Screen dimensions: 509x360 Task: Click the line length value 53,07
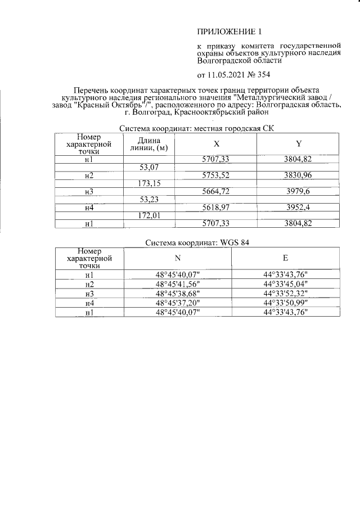149,168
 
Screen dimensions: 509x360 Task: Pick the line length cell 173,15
149,184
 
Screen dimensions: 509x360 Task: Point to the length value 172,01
149,215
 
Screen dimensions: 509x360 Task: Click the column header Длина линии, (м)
149,144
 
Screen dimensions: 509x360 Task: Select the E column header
285,258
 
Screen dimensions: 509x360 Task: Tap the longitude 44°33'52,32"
286,294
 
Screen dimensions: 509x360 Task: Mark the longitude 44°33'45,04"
286,284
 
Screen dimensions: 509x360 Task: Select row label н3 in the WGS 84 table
89,294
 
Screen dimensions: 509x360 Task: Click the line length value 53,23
149,200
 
